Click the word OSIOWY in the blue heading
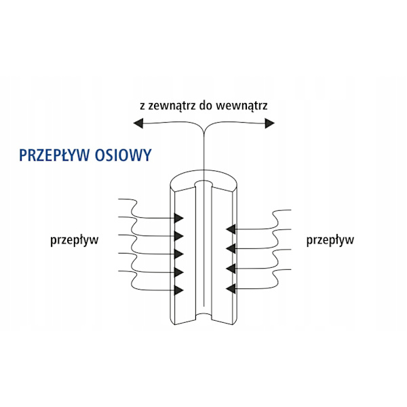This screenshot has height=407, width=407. (123, 155)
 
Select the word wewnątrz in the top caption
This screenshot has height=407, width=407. (242, 106)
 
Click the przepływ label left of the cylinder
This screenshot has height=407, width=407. (75, 240)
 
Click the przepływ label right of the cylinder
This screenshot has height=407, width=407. (330, 240)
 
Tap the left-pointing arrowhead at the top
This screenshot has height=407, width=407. (138, 123)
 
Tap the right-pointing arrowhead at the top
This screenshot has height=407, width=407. (270, 123)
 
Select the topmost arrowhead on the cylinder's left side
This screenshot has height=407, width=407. (179, 218)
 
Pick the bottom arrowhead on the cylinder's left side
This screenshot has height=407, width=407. (179, 290)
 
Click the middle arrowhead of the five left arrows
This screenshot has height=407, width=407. (179, 254)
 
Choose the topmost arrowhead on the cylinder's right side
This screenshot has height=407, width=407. (231, 229)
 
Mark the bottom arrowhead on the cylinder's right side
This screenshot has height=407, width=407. (231, 289)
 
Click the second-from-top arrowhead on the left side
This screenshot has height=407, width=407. (179, 236)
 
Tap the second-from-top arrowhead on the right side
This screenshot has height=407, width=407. (231, 248)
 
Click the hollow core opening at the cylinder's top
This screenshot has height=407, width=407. (203, 184)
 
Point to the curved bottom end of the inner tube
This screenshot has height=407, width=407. (203, 315)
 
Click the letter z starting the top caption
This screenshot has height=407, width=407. (142, 106)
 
